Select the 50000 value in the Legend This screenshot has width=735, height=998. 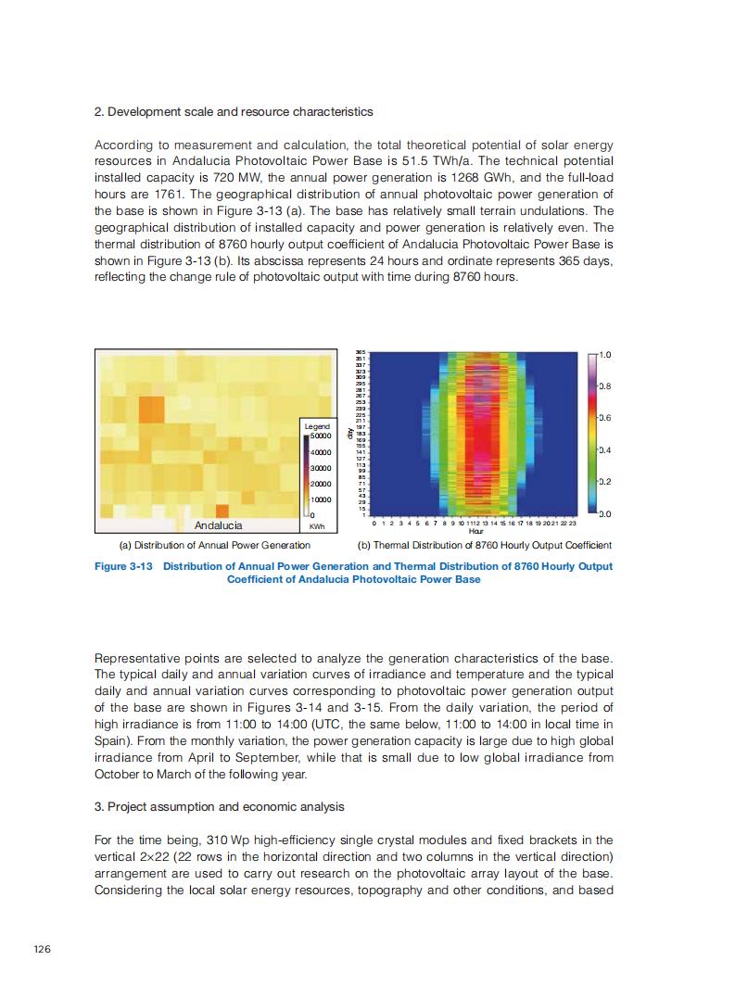[x=320, y=436]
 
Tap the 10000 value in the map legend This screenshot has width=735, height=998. [x=320, y=499]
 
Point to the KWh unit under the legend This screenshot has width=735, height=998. [x=316, y=526]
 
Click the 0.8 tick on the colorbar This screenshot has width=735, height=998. [x=603, y=385]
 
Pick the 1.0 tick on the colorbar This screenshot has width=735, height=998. [x=603, y=354]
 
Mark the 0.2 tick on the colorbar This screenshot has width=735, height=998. [x=603, y=482]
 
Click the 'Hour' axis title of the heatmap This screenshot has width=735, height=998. [x=475, y=532]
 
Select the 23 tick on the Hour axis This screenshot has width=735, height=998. [x=571, y=524]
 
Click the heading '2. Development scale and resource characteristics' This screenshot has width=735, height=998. [x=234, y=112]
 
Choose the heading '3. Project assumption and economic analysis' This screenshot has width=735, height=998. [x=219, y=806]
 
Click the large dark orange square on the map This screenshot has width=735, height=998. [x=151, y=409]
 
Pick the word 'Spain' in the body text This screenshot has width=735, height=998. [x=110, y=740]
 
